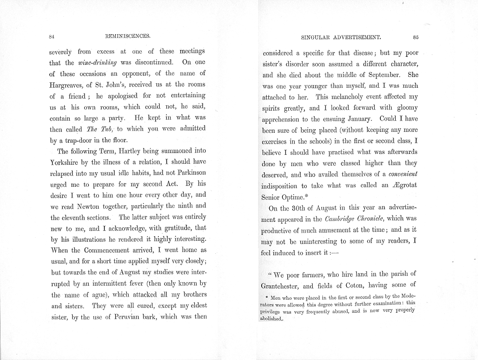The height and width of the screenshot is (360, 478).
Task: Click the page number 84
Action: [x=52, y=37]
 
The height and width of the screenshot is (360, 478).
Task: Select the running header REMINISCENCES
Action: [x=127, y=37]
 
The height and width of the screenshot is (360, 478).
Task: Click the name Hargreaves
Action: [x=67, y=84]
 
